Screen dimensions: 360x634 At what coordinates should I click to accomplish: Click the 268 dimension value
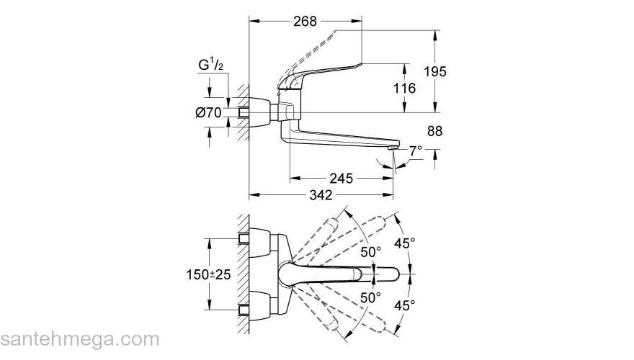point(305,22)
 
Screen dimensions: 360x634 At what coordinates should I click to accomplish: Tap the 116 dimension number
point(405,89)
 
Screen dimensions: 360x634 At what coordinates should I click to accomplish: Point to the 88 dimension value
point(434,131)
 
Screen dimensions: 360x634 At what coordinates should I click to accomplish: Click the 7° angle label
point(416,152)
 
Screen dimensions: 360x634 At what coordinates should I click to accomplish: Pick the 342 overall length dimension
point(320,195)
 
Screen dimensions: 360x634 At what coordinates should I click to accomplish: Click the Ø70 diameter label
point(208,112)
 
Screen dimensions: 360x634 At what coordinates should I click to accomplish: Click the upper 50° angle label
point(370,252)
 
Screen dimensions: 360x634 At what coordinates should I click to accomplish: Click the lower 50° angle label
point(370,297)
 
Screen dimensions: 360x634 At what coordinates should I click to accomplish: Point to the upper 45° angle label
point(405,243)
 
